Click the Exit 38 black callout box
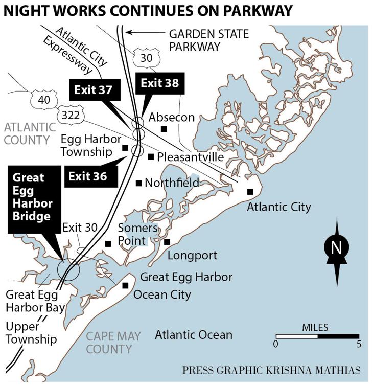point(160,83)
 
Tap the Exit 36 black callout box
point(88,177)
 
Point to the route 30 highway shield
point(146,57)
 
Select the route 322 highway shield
point(70,115)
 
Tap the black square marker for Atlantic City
point(250,191)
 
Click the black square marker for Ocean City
point(125,285)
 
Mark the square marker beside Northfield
point(138,183)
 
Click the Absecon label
point(172,118)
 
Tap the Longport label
point(192,255)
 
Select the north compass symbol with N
point(336,248)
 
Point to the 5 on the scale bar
point(359,345)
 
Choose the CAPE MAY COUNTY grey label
point(109,343)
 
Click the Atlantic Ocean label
point(194,335)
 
